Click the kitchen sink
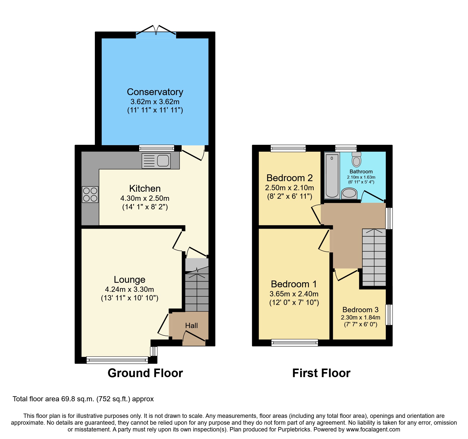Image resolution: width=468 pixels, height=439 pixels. pos(156,161)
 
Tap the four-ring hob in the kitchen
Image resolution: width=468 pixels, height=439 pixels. pos(90,194)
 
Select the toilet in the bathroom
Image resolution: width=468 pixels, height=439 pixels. pos(356,159)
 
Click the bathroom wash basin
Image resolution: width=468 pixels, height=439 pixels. pos(349,193)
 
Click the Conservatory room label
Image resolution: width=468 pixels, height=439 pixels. pos(155,92)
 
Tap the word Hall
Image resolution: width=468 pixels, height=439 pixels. pos(191,326)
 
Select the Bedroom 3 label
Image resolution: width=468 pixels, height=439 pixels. pos(360,310)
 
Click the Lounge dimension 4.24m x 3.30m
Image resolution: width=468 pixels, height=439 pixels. pos(129,289)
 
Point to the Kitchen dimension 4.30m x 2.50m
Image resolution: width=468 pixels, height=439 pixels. pos(145,198)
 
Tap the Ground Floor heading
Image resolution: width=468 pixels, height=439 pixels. pos(145,373)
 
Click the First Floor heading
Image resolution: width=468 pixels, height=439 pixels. pos(321,373)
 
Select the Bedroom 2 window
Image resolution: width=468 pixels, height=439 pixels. pos(288,148)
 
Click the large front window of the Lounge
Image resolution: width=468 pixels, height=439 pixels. pos(117,360)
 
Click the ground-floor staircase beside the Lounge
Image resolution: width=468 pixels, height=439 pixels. pos(197,292)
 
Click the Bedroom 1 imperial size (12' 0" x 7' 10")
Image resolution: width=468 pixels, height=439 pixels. pos(294,302)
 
